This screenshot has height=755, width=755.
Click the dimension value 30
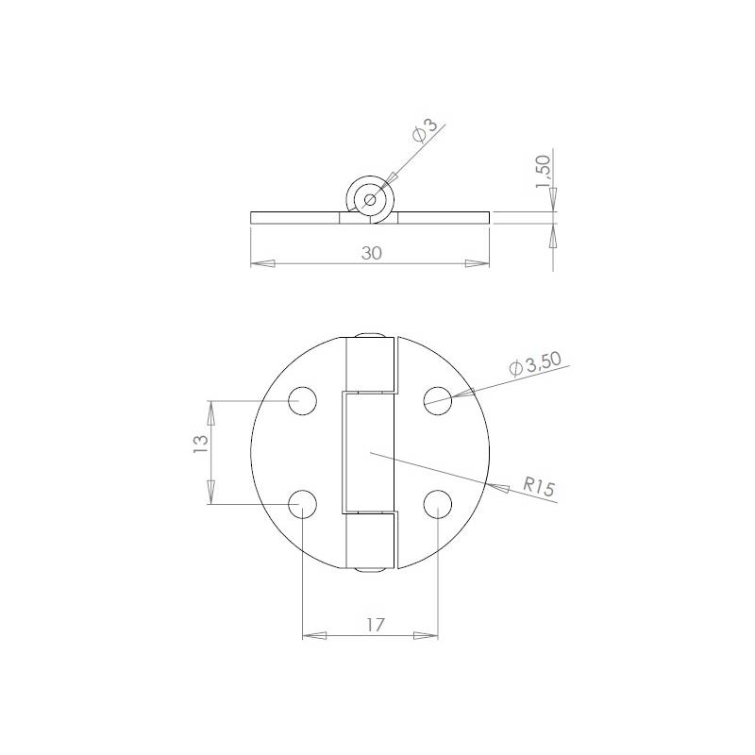point(370,253)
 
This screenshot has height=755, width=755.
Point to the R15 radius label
point(539,488)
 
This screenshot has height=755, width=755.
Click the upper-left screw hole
point(302,401)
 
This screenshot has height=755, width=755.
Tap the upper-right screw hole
point(437,401)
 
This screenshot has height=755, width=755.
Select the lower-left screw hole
point(302,504)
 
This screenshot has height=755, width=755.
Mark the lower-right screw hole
point(437,504)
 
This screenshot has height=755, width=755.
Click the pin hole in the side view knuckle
point(368,199)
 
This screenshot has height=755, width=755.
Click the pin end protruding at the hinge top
point(369,336)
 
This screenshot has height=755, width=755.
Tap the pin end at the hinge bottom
point(369,570)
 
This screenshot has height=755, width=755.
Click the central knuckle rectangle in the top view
point(369,453)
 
